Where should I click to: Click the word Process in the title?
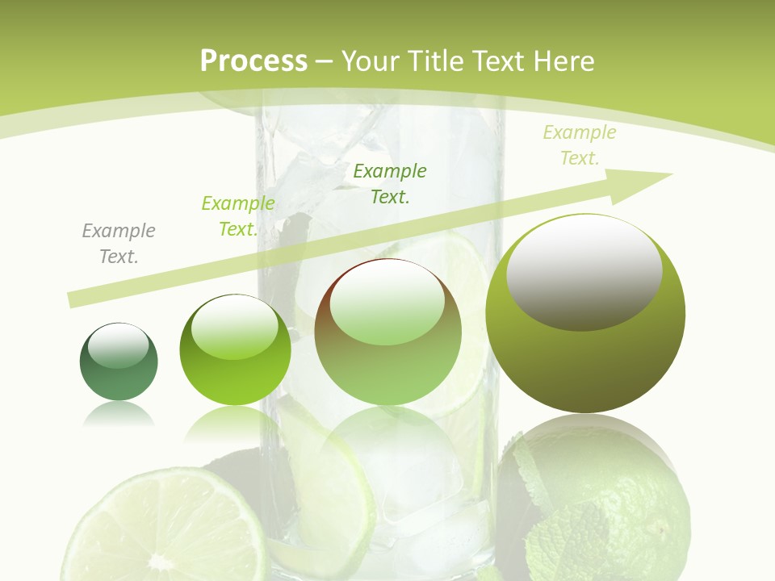[253, 61]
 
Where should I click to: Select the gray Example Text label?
[119, 244]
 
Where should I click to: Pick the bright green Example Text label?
[237, 216]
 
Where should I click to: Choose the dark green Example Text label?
[390, 183]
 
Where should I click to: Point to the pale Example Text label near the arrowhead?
[580, 145]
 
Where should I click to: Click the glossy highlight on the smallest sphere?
[118, 345]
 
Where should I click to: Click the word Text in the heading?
[501, 61]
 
